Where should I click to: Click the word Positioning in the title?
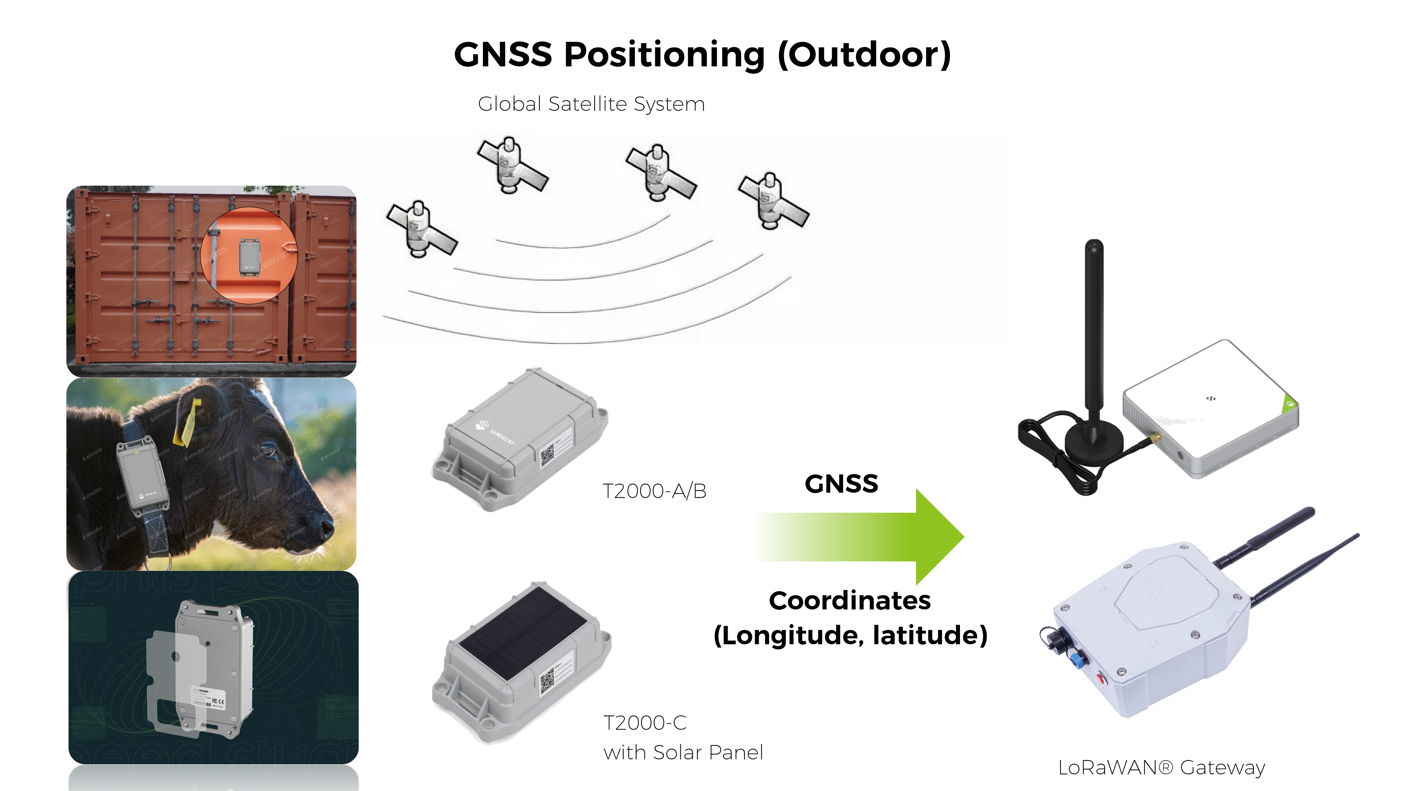coord(664,56)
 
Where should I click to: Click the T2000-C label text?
coord(645,723)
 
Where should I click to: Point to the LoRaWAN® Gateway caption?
coord(1161,768)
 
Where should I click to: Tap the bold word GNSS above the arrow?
coord(841,484)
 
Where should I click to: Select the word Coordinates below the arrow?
coord(849,601)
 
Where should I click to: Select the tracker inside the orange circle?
coord(250,257)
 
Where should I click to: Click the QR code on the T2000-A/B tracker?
coord(547,455)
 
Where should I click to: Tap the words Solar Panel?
coord(708,753)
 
